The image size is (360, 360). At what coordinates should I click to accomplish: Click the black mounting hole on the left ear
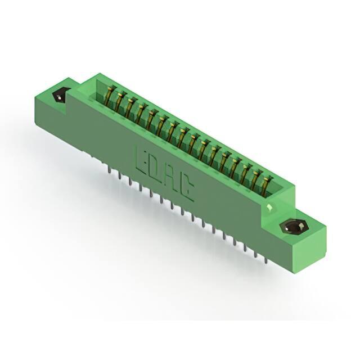[59, 97]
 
